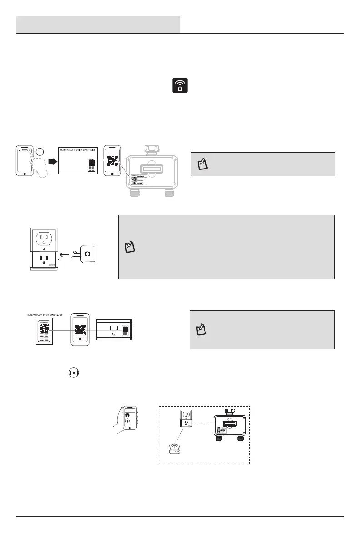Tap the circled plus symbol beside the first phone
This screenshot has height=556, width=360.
pyautogui.click(x=40, y=152)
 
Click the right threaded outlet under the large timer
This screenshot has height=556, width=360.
pyautogui.click(x=169, y=193)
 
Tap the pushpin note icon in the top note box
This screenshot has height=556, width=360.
pyautogui.click(x=202, y=164)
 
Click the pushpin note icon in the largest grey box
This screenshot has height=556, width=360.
pyautogui.click(x=130, y=247)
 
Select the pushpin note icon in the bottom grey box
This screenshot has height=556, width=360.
pyautogui.click(x=200, y=329)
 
